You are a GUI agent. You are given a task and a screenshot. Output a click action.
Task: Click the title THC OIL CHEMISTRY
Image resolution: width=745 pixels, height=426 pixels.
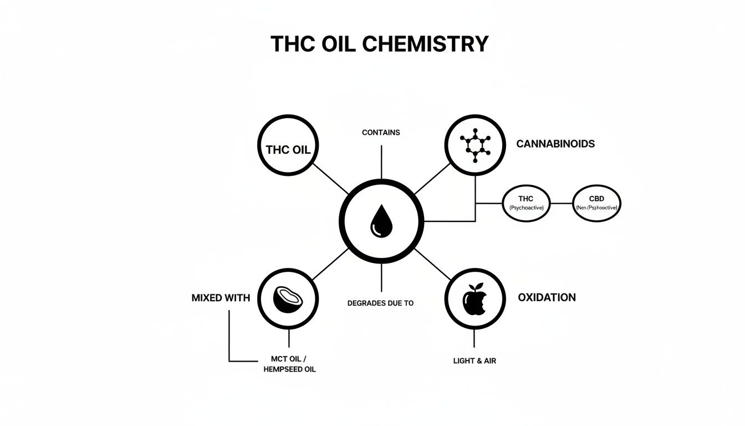(380, 44)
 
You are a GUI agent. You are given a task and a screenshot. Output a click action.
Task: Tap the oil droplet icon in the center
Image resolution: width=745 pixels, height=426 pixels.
(381, 220)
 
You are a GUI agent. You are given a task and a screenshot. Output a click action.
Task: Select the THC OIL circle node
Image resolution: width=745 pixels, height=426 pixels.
(288, 145)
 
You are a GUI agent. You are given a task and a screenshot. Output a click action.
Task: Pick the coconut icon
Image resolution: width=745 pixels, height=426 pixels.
(288, 298)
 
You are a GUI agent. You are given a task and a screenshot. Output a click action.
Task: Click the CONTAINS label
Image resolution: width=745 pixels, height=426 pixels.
(381, 133)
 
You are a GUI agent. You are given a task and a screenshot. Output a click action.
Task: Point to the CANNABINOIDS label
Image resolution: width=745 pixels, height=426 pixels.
(555, 144)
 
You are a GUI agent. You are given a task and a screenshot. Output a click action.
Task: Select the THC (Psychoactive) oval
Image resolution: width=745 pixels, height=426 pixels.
(526, 203)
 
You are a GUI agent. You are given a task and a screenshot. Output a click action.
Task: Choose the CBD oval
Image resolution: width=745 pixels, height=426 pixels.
(596, 203)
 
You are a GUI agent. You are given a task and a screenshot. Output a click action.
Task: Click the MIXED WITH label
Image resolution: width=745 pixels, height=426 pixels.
(221, 298)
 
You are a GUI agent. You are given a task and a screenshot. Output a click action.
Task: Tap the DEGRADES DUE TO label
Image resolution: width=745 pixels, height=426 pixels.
(380, 303)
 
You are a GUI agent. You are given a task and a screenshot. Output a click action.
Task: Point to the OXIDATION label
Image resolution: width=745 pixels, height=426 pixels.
(547, 297)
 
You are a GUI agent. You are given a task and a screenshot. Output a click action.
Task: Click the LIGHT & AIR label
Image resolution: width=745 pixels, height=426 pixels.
(474, 361)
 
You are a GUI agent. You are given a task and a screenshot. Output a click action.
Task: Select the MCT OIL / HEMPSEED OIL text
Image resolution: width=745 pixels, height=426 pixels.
(289, 364)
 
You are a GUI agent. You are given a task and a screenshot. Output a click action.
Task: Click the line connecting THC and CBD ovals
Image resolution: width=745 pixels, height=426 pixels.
(561, 203)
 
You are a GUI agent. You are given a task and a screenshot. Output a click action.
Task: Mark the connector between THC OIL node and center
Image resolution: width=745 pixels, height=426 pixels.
(331, 179)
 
